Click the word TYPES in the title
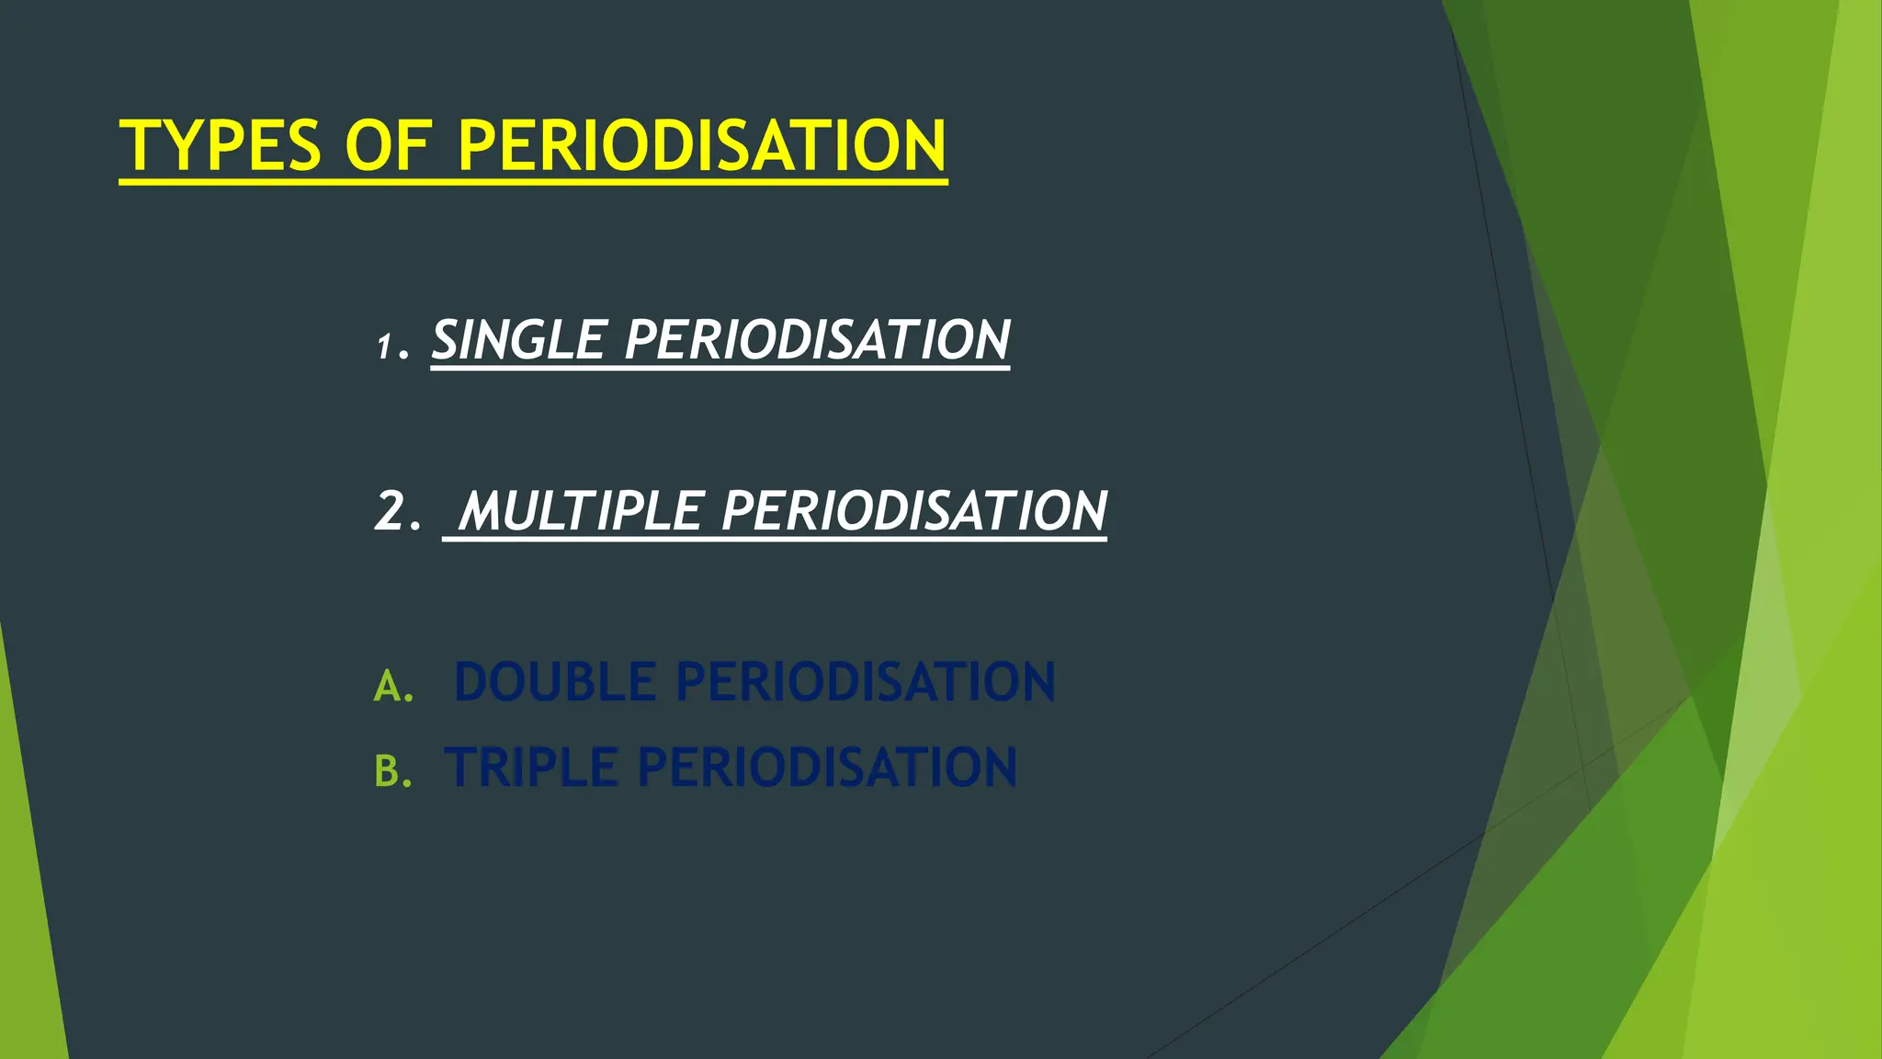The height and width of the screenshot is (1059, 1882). (221, 146)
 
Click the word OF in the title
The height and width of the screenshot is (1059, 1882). (387, 146)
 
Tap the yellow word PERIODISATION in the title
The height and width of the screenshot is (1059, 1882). (701, 146)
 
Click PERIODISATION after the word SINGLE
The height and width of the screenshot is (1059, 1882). (817, 340)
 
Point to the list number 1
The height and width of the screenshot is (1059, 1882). (384, 347)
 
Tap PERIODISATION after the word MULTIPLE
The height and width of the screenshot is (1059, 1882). (914, 511)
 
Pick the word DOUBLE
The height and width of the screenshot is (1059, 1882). (555, 682)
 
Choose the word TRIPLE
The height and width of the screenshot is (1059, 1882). (531, 768)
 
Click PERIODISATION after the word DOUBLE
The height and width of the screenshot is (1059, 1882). (866, 682)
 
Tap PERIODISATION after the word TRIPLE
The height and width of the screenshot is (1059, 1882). (827, 768)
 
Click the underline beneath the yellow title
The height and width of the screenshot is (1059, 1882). (533, 182)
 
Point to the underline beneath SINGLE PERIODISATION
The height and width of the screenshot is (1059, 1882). (720, 369)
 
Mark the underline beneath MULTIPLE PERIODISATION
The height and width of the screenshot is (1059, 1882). (775, 540)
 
